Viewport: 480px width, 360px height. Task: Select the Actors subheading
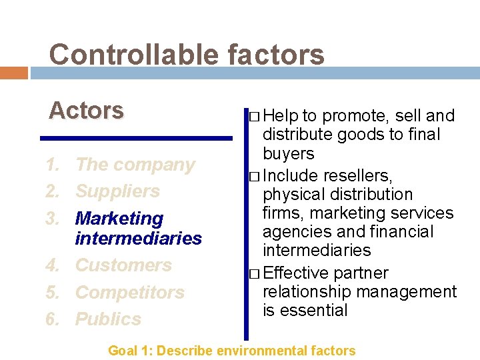point(86,110)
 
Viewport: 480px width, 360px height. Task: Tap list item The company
point(135,165)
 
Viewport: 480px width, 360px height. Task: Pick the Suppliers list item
point(117,191)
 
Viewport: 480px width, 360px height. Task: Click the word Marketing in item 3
point(119,218)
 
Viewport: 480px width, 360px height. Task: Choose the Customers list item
point(123,265)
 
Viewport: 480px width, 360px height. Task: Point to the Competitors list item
point(130,292)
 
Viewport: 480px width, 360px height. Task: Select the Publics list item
point(108,319)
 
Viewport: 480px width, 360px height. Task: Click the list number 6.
point(52,319)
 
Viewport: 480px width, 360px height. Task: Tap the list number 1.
point(52,165)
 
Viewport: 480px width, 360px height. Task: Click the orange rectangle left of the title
point(13,73)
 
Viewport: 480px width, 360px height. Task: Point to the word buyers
point(288,153)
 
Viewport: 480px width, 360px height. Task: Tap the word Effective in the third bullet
point(296,273)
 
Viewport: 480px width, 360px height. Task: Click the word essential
point(315,311)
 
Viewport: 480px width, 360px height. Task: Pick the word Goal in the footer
point(123,350)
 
